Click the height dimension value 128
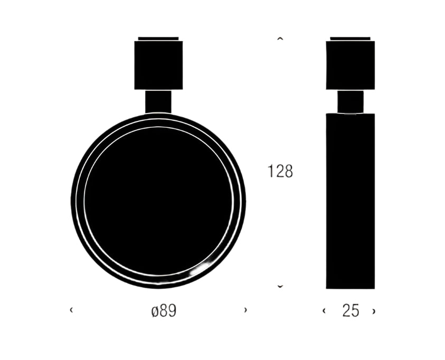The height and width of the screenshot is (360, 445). [x=280, y=172]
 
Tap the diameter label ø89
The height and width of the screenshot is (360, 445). [x=164, y=311]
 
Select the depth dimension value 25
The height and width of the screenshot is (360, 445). [x=351, y=311]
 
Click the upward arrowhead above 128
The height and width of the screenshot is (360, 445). [x=280, y=39]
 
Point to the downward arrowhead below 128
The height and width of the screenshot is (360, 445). [x=280, y=287]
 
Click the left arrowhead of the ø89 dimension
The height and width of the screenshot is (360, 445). [x=71, y=310]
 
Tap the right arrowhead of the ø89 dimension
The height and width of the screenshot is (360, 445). [x=245, y=310]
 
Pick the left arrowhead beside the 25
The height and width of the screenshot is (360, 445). [x=324, y=311]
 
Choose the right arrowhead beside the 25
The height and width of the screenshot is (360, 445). [x=374, y=311]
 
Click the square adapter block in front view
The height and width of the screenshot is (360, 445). [x=158, y=65]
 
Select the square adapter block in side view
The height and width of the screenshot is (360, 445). [x=351, y=65]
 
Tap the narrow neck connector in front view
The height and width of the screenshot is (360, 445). [x=158, y=101]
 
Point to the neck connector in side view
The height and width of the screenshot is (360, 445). [x=351, y=101]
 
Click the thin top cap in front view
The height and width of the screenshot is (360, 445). [x=158, y=39]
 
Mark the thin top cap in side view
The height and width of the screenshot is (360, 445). [x=351, y=39]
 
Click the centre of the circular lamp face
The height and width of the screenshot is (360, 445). [x=158, y=201]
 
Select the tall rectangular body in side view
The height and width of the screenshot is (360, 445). [x=351, y=201]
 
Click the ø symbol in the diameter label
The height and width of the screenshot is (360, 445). [x=154, y=311]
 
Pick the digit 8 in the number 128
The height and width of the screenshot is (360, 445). [x=288, y=172]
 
